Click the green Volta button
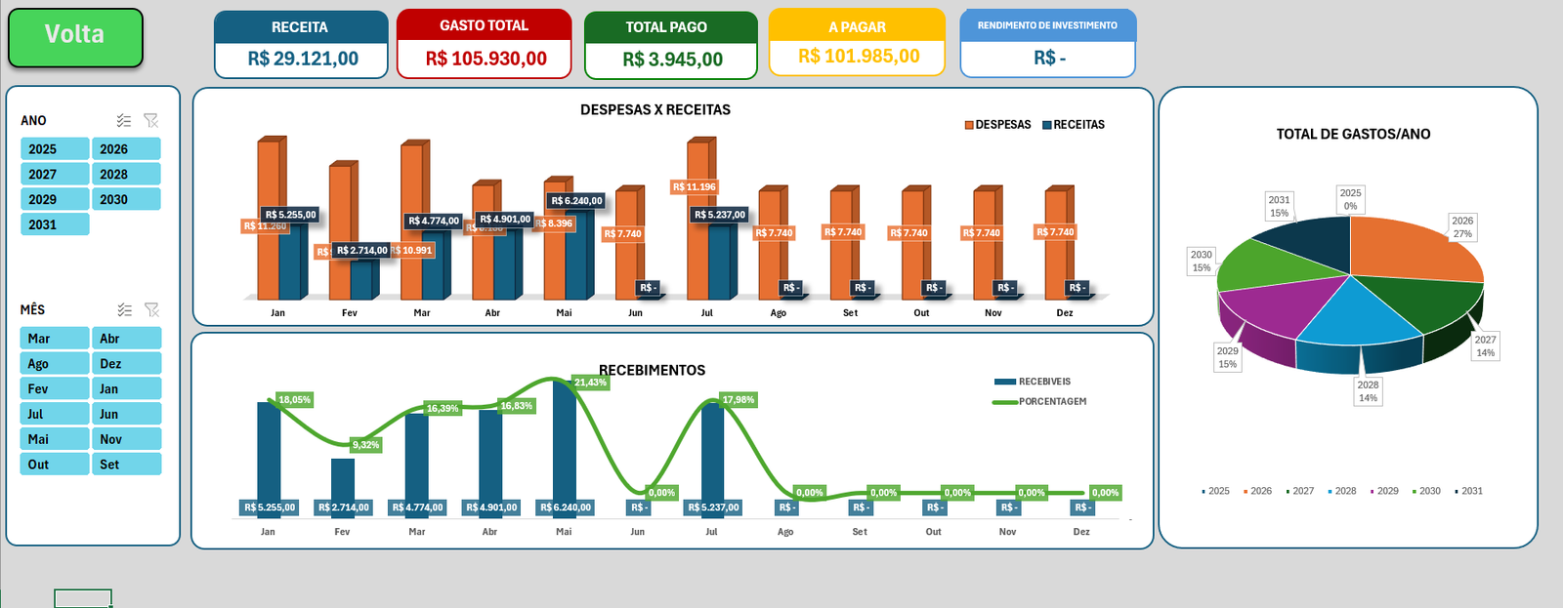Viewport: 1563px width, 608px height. (75, 36)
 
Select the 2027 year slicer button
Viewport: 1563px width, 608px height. (55, 174)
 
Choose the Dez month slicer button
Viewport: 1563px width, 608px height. (127, 363)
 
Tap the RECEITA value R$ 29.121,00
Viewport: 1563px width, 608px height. (302, 59)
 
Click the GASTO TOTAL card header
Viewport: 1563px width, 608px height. (484, 25)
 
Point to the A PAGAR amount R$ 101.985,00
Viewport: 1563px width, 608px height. (858, 57)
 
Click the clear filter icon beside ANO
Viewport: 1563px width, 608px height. (150, 120)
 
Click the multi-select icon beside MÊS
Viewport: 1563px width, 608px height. (124, 309)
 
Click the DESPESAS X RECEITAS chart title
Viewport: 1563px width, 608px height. (655, 109)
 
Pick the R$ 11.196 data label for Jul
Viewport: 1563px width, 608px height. (694, 186)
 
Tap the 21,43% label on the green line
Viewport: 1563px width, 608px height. (590, 383)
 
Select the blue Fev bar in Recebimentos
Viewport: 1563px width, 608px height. (342, 478)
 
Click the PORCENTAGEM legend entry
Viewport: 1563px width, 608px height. (1051, 401)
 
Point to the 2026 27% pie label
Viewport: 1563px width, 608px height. (1461, 227)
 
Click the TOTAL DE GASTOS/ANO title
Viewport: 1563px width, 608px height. (1352, 134)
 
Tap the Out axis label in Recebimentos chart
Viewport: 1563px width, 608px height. (933, 532)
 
